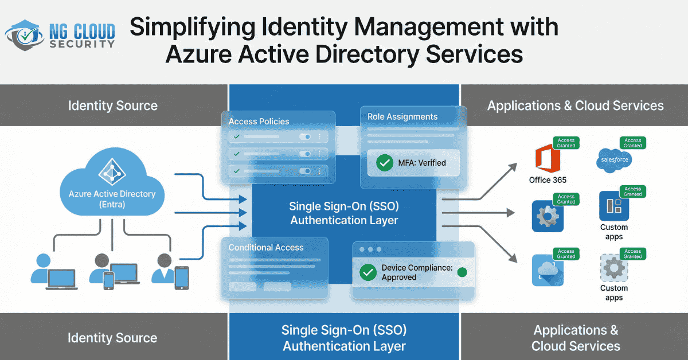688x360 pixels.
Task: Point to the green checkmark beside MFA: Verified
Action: (384, 163)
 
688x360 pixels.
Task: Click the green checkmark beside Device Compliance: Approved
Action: (368, 272)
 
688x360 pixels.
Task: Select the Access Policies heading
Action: (259, 122)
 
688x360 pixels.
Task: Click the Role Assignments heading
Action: (402, 117)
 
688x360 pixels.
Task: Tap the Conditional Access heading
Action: (266, 248)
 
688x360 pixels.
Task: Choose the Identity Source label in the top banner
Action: (112, 105)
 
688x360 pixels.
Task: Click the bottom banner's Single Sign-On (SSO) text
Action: (344, 330)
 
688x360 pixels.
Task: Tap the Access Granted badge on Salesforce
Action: (632, 143)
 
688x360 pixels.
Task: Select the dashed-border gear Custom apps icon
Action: (613, 268)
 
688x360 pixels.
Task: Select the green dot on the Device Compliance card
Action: (463, 272)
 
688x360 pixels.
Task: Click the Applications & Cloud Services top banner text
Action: (575, 105)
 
